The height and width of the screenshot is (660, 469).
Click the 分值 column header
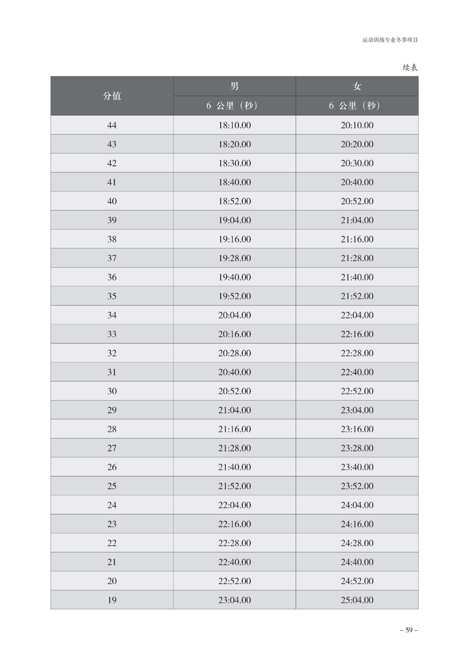coord(112,96)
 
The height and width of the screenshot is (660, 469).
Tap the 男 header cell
coord(234,86)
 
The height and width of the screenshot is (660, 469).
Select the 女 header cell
coord(357,86)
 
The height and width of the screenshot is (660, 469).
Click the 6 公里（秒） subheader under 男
coord(234,106)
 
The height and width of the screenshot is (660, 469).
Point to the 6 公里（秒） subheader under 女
coord(357,106)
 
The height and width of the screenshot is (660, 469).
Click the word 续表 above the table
coord(410,68)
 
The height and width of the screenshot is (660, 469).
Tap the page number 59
coord(409,630)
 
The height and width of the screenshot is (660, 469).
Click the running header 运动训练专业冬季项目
coord(390,40)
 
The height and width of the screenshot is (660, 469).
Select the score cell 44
coord(112,125)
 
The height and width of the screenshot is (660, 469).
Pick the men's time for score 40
coord(234,201)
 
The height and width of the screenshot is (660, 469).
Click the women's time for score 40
coord(357,201)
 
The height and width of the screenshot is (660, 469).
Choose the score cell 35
coord(112,296)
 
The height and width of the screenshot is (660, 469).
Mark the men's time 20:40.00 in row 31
coord(234,372)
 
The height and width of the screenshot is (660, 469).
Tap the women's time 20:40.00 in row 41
coord(357,182)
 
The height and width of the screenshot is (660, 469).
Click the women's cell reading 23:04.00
coord(357,410)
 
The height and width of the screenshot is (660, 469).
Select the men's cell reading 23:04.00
coord(234,600)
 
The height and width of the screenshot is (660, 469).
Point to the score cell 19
coord(112,600)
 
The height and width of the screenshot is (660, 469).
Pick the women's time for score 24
coord(357,505)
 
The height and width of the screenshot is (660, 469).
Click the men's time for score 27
coord(234,448)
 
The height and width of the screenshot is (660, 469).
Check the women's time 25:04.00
coord(357,600)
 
